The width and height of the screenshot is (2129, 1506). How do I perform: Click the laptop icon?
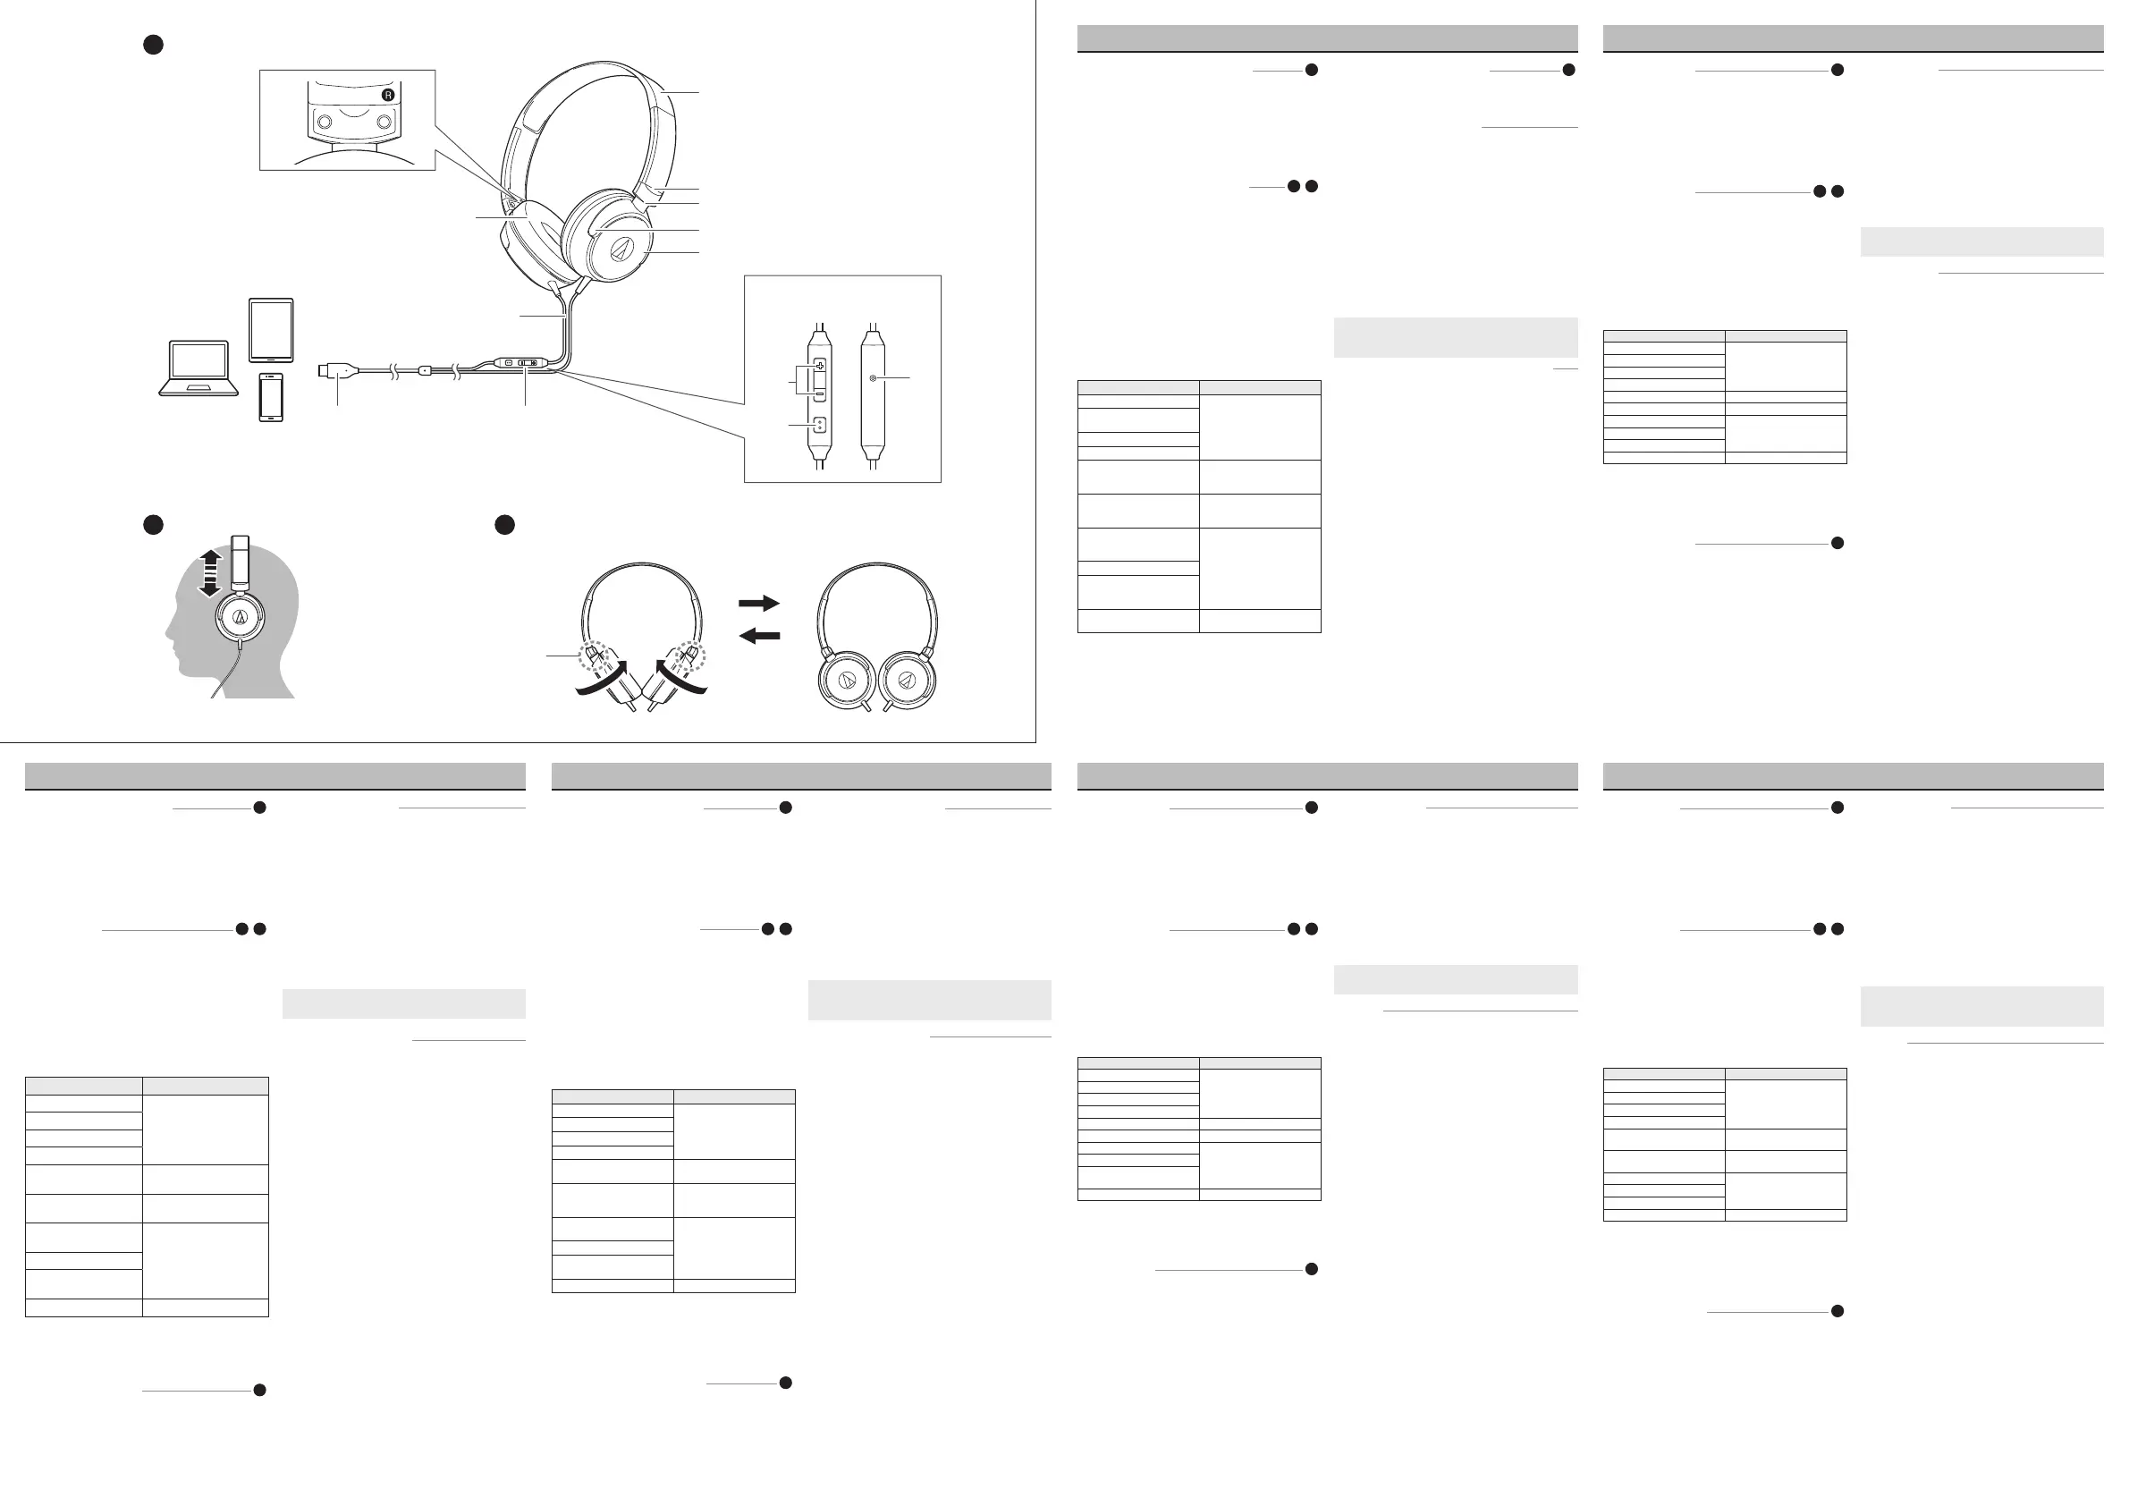click(199, 368)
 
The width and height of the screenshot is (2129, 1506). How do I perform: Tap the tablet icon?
click(271, 330)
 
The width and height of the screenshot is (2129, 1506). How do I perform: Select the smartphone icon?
click(271, 397)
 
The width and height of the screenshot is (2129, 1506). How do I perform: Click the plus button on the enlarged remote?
click(820, 367)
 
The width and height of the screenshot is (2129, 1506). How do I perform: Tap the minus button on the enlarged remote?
click(820, 393)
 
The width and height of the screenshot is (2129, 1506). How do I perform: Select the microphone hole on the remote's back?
click(873, 378)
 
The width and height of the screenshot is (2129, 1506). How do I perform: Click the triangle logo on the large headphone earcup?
click(622, 250)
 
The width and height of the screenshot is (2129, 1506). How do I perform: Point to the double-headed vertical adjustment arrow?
click(210, 572)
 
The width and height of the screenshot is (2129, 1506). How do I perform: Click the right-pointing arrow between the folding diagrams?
click(758, 603)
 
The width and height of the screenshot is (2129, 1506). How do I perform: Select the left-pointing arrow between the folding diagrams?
click(758, 636)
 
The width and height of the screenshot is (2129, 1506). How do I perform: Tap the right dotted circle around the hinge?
click(690, 655)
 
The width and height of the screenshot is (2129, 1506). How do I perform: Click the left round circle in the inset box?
click(325, 121)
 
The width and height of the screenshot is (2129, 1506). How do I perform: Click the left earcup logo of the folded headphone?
click(846, 681)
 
